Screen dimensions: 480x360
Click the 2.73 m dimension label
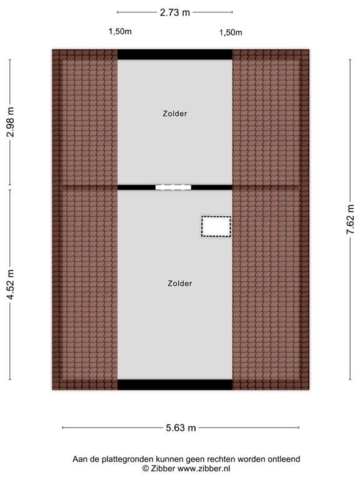point(174,12)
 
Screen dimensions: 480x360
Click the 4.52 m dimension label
point(10,284)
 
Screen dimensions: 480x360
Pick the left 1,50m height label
point(120,31)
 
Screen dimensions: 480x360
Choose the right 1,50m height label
point(231,32)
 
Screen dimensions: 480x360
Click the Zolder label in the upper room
point(175,114)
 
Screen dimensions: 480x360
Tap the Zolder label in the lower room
point(180,283)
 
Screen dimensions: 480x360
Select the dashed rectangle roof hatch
point(216,226)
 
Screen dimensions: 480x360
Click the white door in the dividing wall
point(172,187)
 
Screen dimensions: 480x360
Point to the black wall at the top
point(175,55)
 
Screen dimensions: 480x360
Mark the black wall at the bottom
point(175,384)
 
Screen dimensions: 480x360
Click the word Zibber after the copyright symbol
point(163,468)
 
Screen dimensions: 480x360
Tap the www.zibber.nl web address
point(203,468)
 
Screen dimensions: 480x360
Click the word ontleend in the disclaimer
point(284,459)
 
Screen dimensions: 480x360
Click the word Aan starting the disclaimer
point(80,459)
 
